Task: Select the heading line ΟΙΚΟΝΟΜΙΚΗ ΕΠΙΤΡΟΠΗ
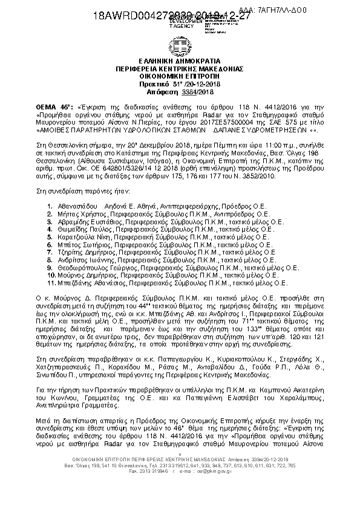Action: click(180, 77)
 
